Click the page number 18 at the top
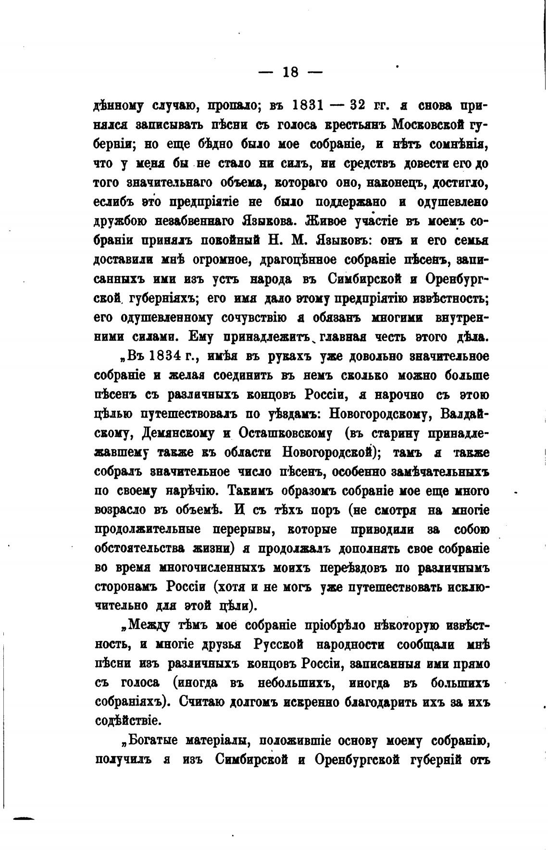click(290, 73)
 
